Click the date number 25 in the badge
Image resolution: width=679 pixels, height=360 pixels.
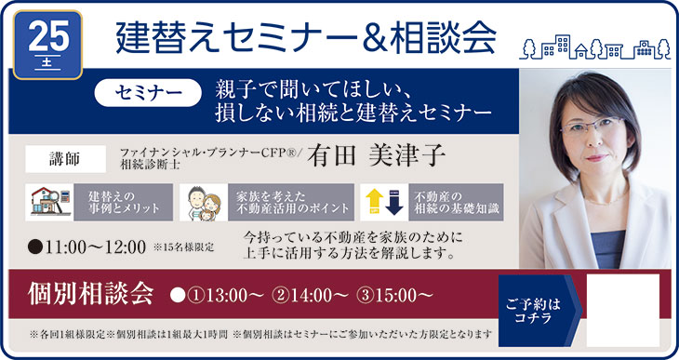(x=48, y=36)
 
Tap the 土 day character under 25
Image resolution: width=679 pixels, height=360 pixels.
(x=47, y=62)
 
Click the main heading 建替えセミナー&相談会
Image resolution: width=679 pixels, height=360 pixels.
(x=306, y=38)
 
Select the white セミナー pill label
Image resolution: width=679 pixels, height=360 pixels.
(x=148, y=92)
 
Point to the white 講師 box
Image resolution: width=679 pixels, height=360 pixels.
(x=65, y=159)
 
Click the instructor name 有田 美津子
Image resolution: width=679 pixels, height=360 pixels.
(x=377, y=155)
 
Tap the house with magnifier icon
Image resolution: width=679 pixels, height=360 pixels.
(x=50, y=202)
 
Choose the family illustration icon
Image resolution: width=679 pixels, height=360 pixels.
(x=204, y=203)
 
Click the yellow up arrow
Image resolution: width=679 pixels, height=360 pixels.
(x=375, y=202)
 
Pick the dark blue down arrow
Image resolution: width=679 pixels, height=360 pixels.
(x=394, y=202)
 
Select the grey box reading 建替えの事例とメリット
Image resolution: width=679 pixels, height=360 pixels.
(x=124, y=202)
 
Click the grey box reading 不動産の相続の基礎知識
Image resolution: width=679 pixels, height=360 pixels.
(x=456, y=202)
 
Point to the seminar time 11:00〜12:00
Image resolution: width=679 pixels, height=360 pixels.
(x=95, y=247)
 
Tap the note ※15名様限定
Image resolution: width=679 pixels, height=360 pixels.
(x=184, y=247)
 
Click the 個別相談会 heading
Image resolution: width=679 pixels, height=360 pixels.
(x=90, y=294)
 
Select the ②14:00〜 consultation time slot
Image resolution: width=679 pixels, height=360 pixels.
(x=310, y=296)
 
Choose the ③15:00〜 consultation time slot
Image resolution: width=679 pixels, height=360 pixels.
(x=394, y=296)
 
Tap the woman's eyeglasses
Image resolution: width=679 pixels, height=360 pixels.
(x=592, y=126)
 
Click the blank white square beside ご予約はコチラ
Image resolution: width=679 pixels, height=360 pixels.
(x=622, y=310)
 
